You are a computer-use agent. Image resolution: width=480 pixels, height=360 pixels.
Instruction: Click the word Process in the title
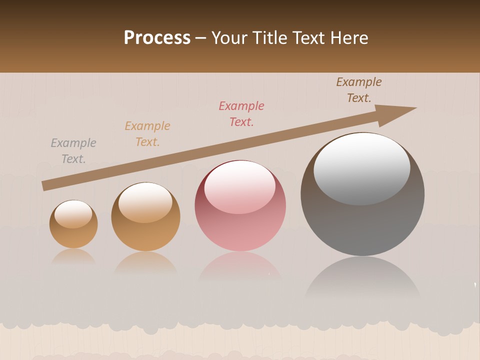coord(157,38)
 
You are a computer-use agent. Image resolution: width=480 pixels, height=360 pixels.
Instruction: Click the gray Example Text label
coord(73,151)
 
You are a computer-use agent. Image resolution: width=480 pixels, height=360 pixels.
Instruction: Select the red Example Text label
coord(241,114)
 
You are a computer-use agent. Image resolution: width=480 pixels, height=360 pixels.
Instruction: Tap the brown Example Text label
coord(359,90)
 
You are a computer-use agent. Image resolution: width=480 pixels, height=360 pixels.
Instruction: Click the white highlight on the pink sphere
coord(239,186)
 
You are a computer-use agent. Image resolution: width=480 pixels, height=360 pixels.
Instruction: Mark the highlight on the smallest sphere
coord(73,213)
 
